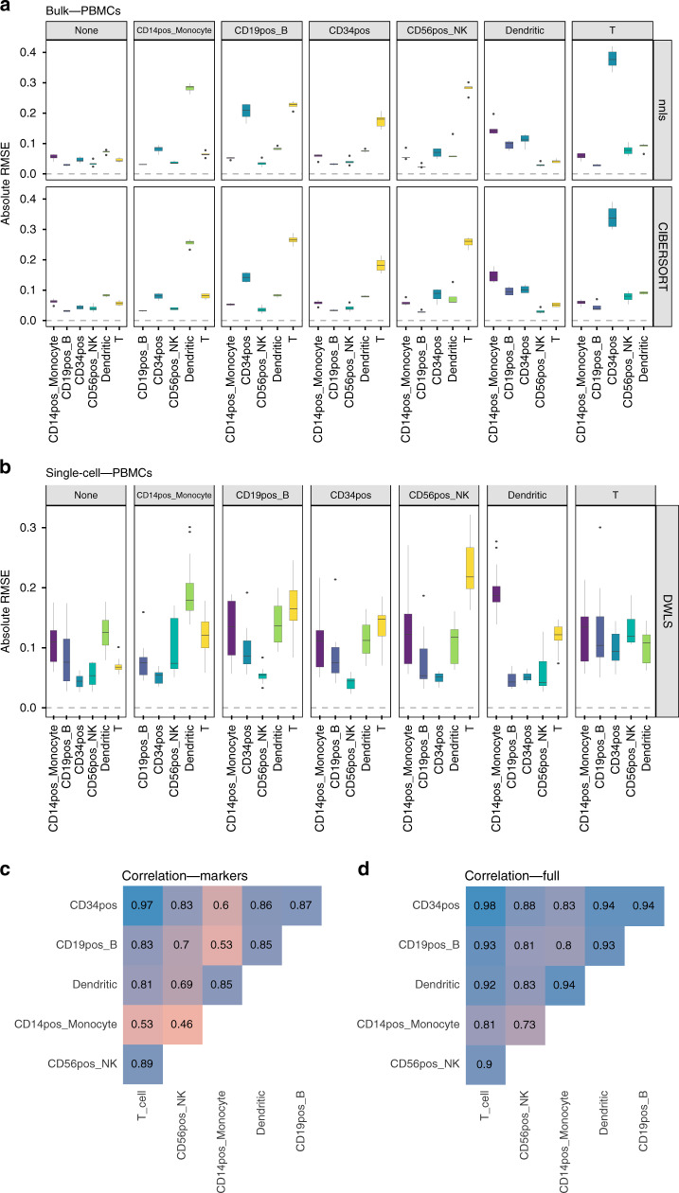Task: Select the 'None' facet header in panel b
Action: [86, 498]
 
